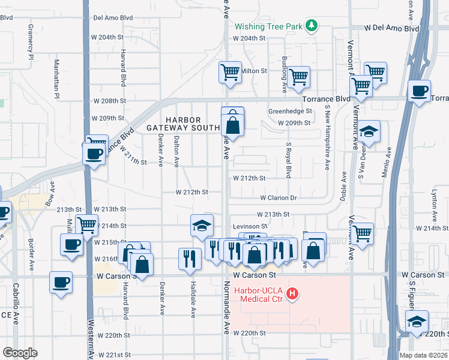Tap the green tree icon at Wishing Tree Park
point(311,25)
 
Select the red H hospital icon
point(292,293)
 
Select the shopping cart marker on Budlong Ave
point(298,77)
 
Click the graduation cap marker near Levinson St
point(202,226)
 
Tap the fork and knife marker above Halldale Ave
point(190,259)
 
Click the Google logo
point(20,353)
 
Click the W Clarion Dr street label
point(279,197)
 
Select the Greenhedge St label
point(291,111)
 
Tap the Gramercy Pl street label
point(29,42)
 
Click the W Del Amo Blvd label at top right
point(393,28)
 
